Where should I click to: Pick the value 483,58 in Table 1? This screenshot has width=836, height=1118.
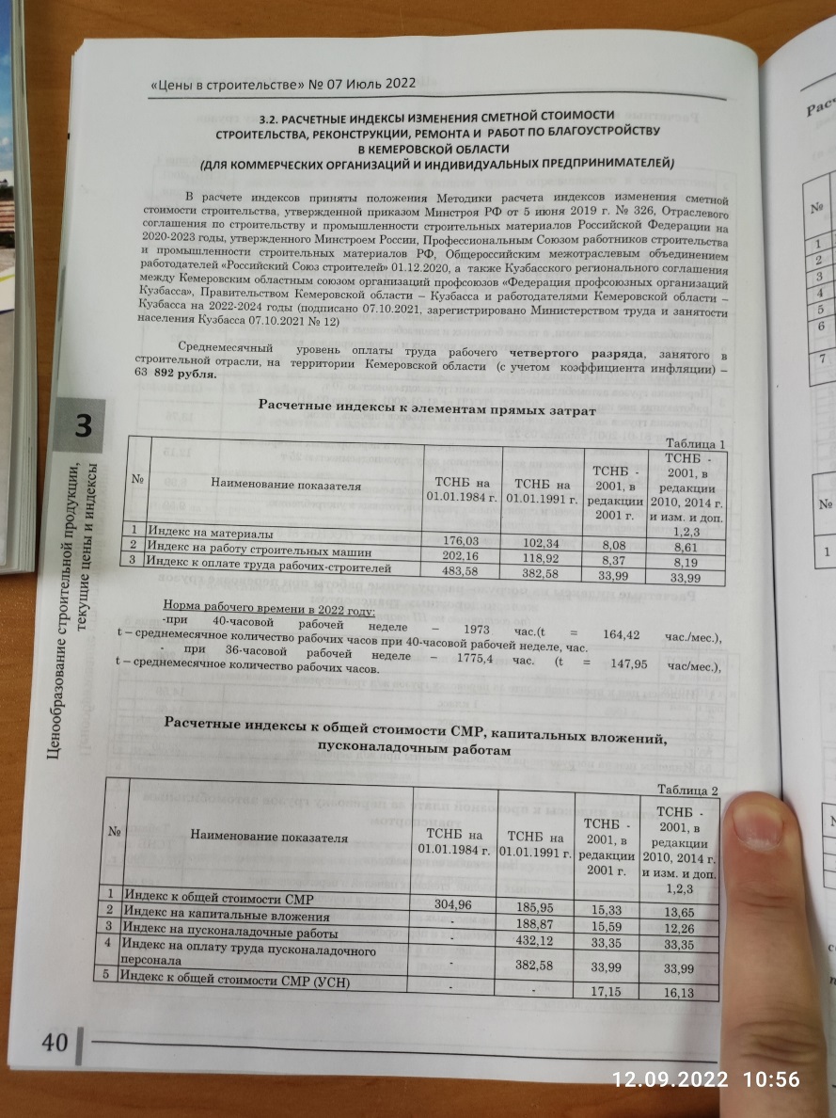coord(462,570)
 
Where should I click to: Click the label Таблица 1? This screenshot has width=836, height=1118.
coord(695,444)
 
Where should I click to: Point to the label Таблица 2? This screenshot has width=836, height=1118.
coord(688,789)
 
